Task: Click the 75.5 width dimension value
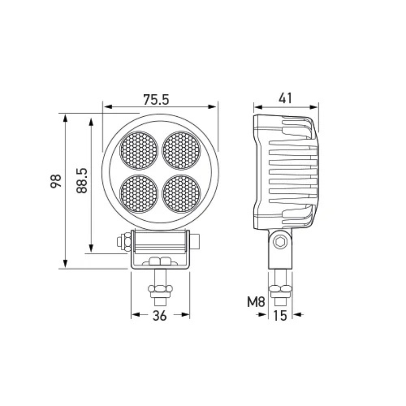(x=156, y=99)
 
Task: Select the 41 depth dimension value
(x=285, y=98)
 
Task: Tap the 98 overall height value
(x=56, y=181)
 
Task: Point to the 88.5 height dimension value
(x=82, y=181)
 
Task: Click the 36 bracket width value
(x=160, y=316)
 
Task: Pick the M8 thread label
(x=256, y=302)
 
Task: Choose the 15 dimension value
(x=280, y=316)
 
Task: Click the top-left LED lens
(x=139, y=150)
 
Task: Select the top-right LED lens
(x=182, y=150)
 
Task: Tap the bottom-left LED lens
(x=139, y=194)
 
